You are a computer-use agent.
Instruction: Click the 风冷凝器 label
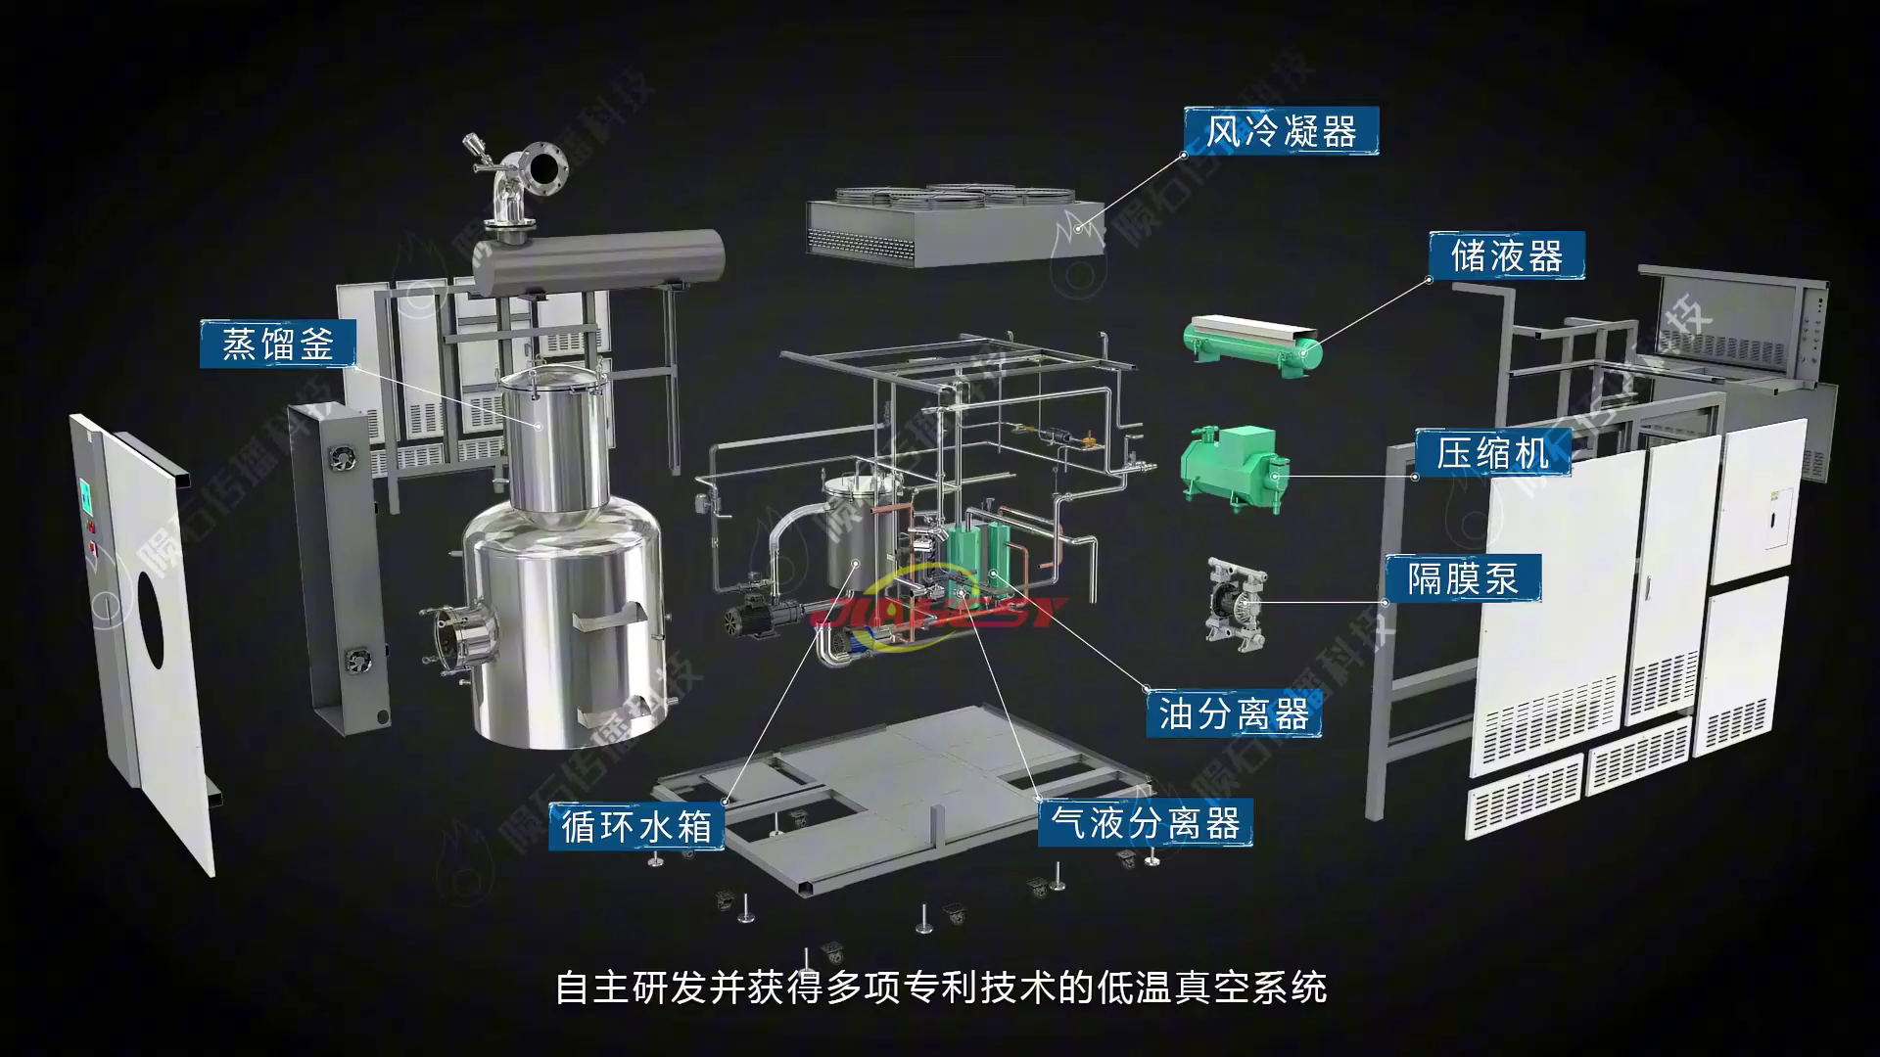(1281, 131)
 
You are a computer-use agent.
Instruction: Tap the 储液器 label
(1506, 256)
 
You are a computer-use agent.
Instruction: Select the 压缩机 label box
(1493, 453)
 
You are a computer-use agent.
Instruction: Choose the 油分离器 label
(1234, 712)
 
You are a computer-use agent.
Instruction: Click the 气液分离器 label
(1145, 823)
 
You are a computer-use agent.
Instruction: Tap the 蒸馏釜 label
(278, 344)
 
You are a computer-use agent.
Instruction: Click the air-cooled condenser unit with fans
(955, 225)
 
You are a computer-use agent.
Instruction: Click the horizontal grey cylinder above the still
(597, 258)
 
